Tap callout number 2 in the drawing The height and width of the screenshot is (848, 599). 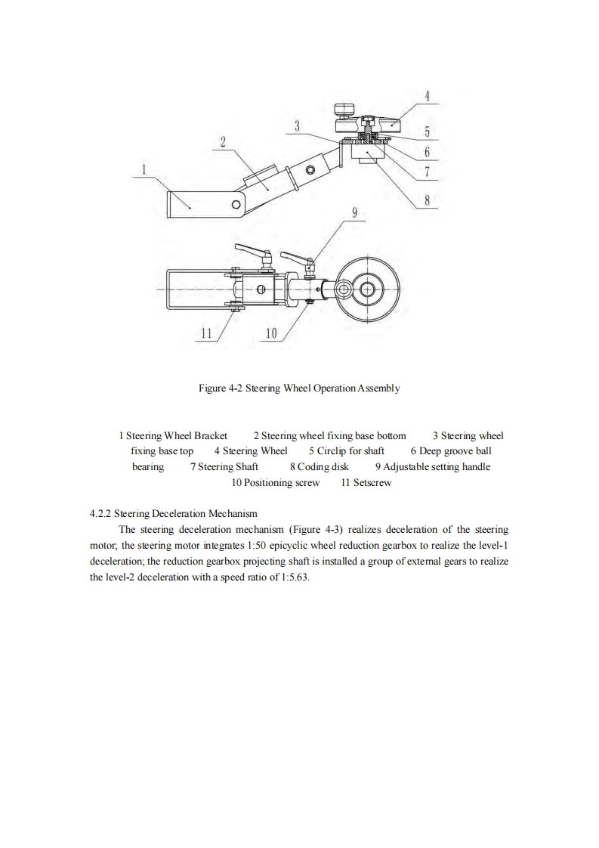tap(223, 141)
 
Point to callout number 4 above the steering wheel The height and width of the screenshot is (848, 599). tap(427, 96)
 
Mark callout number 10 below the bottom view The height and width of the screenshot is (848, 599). tap(271, 333)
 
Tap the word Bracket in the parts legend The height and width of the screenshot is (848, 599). tap(211, 435)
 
